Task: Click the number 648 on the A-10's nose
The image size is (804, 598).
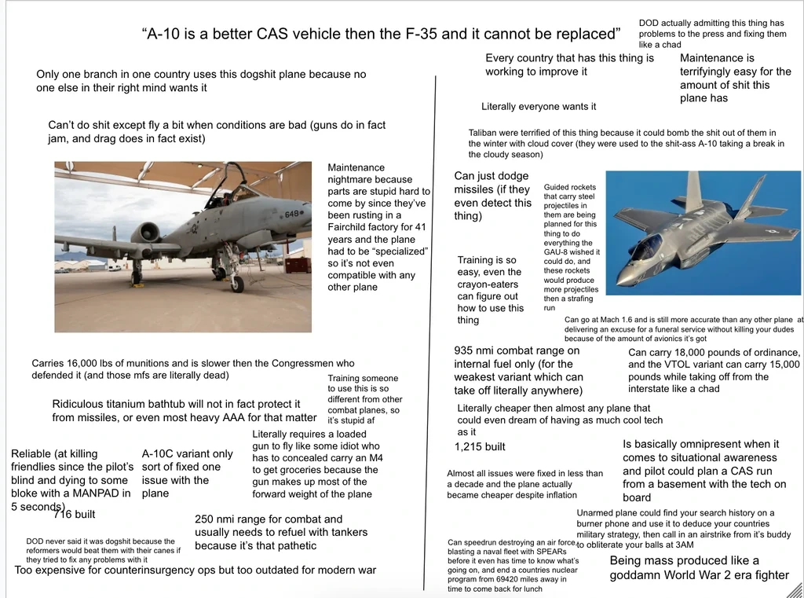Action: (x=292, y=214)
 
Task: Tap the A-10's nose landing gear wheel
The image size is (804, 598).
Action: (x=237, y=283)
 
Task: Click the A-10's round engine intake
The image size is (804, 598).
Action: (x=145, y=233)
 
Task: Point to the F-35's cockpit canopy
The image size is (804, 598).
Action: (x=646, y=248)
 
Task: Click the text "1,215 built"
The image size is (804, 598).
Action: (x=480, y=447)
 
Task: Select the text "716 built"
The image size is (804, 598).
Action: (x=74, y=515)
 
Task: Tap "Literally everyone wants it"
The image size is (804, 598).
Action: (x=539, y=107)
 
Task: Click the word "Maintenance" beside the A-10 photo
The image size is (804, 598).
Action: (x=356, y=167)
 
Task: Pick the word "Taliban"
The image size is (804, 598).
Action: (x=485, y=133)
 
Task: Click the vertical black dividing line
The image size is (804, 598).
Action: (x=433, y=314)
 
